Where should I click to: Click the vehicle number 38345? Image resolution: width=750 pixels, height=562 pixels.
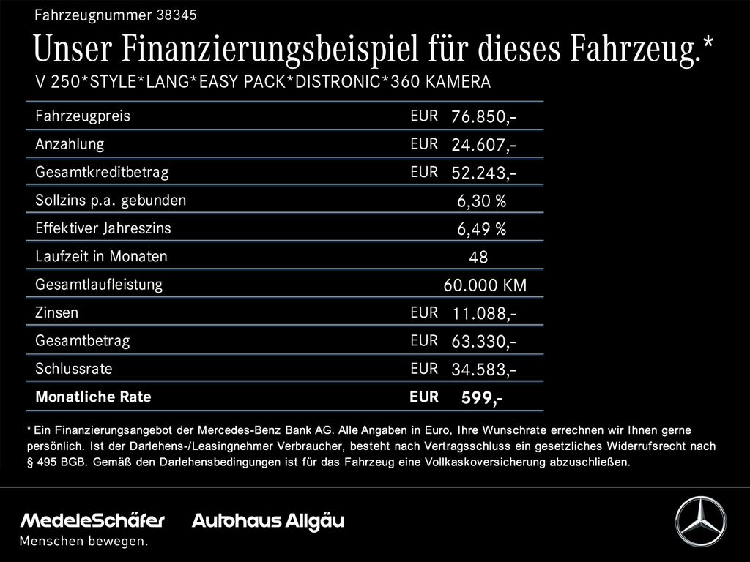coord(177,15)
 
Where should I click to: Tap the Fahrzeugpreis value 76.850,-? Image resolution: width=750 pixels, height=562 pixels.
coord(483,116)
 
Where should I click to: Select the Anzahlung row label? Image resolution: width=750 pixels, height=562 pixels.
coord(70,144)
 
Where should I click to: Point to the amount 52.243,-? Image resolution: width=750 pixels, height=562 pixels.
coord(483,173)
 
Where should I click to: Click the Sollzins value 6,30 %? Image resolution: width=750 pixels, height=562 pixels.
coord(482,201)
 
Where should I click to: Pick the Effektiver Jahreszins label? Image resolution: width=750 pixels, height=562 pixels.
coord(103,228)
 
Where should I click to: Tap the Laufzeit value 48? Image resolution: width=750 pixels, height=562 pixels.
coord(478,258)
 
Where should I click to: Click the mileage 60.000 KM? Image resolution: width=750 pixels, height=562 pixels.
coord(485,285)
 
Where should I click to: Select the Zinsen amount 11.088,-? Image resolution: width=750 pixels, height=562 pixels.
coord(485,313)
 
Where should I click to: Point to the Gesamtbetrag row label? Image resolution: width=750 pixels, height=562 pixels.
coord(83,341)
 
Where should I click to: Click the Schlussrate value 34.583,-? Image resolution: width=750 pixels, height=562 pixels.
coord(483,370)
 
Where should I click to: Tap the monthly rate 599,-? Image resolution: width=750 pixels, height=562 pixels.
coord(482,397)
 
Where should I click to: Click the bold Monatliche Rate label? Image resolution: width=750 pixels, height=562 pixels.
coord(93,397)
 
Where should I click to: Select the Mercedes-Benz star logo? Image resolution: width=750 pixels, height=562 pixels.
coord(700,521)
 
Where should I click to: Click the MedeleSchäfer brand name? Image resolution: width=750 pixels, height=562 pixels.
coord(92,520)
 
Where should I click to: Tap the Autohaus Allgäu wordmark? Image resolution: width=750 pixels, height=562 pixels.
coord(268,521)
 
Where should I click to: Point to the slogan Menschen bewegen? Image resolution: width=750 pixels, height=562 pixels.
coord(83,541)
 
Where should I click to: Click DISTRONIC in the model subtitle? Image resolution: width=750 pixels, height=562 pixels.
coord(338,82)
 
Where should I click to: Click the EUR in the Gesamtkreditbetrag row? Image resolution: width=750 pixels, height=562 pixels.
coord(424,172)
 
